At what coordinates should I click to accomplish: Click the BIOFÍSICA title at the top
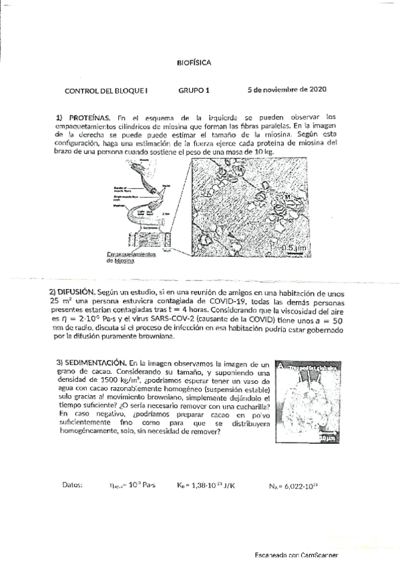point(194,63)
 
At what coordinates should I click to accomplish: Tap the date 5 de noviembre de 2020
point(286,89)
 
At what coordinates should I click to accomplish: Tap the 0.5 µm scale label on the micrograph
point(289,247)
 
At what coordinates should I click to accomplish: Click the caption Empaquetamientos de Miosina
point(130,258)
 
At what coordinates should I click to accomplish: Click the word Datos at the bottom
point(73,485)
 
